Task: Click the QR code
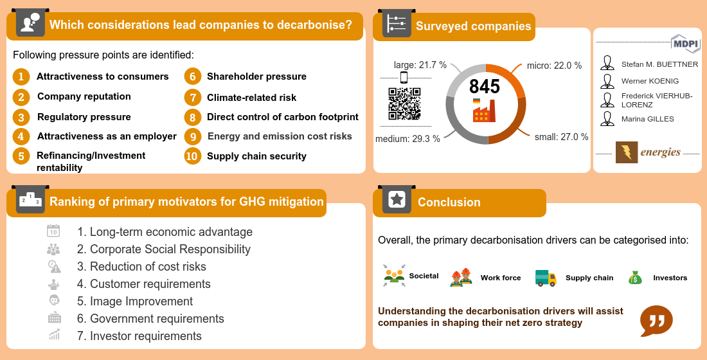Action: (x=404, y=104)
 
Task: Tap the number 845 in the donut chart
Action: (x=484, y=86)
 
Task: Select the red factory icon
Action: (x=484, y=111)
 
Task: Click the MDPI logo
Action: (x=685, y=43)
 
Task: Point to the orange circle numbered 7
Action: (x=193, y=98)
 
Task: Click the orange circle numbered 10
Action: (x=193, y=156)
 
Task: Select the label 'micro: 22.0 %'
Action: (x=554, y=66)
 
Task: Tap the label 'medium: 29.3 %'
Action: (x=407, y=139)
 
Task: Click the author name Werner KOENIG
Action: (x=650, y=81)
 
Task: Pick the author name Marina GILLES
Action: (x=647, y=119)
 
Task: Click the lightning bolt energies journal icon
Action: (x=626, y=152)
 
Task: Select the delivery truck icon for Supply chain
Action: (x=546, y=278)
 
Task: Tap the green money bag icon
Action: (x=635, y=278)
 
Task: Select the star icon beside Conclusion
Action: (x=397, y=199)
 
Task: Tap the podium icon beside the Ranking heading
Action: (x=30, y=200)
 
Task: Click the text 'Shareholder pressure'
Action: (x=256, y=76)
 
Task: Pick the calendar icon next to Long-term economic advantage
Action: (x=53, y=231)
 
